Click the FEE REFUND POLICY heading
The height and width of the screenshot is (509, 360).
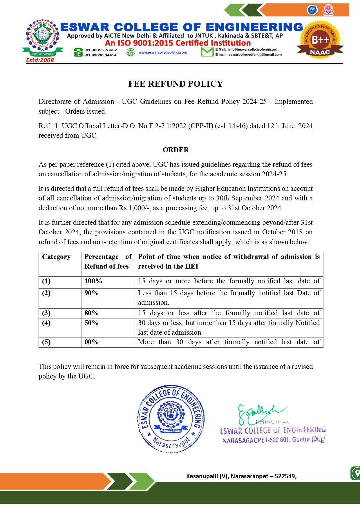[176, 84]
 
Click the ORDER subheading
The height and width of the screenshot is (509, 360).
[176, 150]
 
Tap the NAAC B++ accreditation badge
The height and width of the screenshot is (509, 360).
[320, 40]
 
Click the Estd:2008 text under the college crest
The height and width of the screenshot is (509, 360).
[40, 60]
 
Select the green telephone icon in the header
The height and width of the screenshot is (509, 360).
[78, 52]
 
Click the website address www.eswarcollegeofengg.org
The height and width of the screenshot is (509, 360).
[163, 52]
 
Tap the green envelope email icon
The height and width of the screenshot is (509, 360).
[207, 52]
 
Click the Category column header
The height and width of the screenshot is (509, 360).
[56, 257]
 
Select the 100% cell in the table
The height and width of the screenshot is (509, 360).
[93, 281]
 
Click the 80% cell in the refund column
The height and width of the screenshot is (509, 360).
[91, 313]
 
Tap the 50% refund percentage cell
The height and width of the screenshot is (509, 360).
[91, 323]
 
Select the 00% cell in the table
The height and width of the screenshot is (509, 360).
[91, 342]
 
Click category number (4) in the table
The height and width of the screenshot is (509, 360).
[46, 323]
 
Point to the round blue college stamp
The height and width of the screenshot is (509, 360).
[171, 419]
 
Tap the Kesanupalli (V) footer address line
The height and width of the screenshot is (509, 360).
[241, 476]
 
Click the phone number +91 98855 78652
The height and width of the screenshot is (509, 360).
[100, 50]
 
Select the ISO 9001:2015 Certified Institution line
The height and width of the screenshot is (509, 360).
[178, 43]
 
